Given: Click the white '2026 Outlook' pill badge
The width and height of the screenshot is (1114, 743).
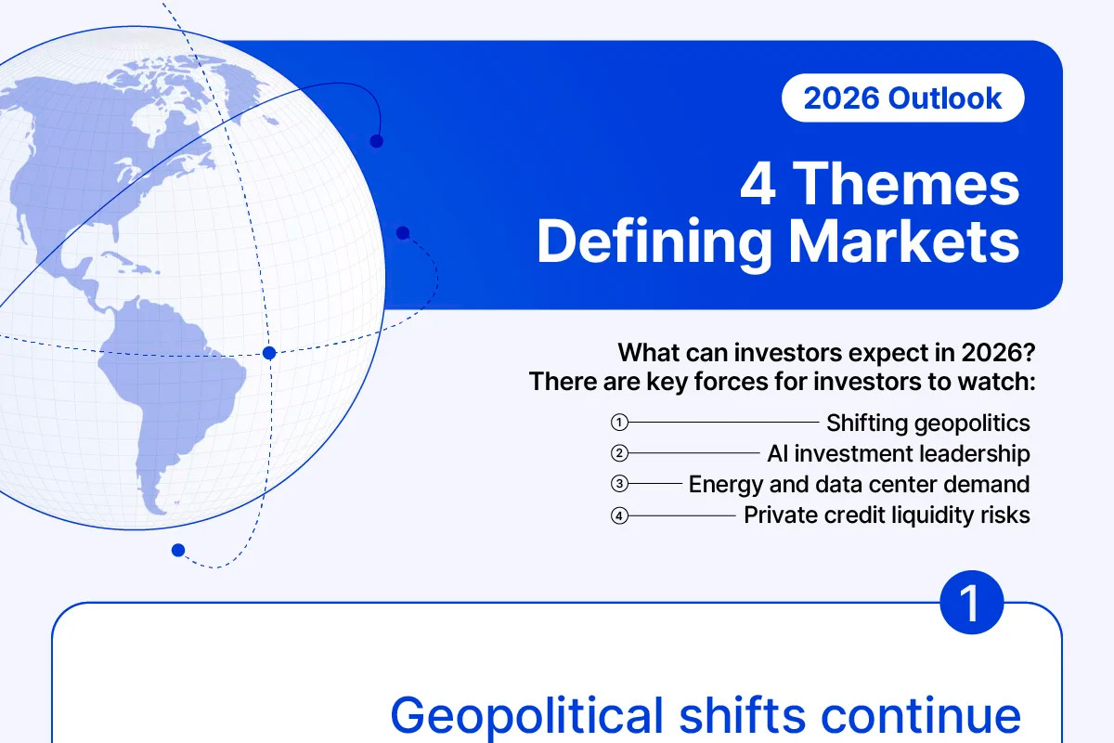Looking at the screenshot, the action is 902,98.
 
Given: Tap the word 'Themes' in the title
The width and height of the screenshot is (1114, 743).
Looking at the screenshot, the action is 906,185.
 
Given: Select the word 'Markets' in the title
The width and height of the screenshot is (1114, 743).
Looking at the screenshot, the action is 904,241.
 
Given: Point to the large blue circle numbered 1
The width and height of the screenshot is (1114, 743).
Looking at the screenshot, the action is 971,602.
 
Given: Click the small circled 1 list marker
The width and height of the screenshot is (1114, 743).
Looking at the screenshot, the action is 619,423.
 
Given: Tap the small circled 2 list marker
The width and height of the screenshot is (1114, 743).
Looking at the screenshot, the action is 619,453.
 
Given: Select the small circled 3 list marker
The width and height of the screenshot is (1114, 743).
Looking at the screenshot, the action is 619,484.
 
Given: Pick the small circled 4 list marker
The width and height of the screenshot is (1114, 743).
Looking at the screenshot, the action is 619,515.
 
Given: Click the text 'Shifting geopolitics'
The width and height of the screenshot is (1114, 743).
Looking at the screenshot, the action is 928,424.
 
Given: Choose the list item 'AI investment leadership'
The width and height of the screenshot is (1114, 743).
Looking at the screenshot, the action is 899,454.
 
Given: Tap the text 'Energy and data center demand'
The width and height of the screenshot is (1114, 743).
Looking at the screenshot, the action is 859,485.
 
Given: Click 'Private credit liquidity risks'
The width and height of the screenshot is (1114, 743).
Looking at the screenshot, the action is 887,515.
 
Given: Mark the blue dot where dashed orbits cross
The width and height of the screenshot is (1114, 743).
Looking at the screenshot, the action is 269,353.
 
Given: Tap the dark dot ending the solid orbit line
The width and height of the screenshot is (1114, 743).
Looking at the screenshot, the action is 377,141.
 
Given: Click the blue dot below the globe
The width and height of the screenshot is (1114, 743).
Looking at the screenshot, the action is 178,550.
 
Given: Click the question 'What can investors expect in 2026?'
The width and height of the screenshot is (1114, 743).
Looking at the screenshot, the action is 826,353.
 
